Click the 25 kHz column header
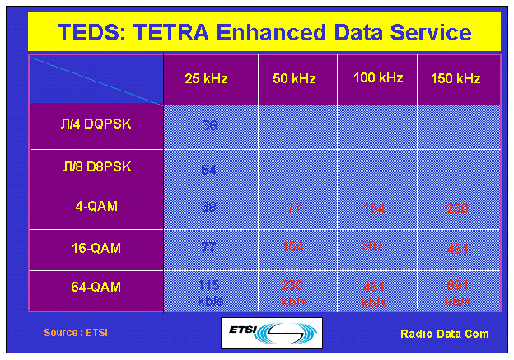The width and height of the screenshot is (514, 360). [x=206, y=79]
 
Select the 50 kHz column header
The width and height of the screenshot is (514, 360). [x=292, y=79]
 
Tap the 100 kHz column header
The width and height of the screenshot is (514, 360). [x=378, y=78]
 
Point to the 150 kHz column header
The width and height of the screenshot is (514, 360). [x=456, y=79]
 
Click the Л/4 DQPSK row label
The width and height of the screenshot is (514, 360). [x=96, y=124]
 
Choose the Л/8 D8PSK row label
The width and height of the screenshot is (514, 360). [x=96, y=166]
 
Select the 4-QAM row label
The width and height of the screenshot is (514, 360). [x=96, y=206]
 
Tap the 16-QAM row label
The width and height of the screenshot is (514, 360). [x=96, y=246]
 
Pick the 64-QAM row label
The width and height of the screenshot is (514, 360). [x=96, y=287]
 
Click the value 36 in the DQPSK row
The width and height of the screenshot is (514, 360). [x=209, y=126]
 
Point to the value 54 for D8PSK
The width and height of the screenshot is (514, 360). [x=209, y=170]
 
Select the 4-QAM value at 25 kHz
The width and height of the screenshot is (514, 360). [x=209, y=208]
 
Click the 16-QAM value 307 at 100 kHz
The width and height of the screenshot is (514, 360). [x=374, y=245]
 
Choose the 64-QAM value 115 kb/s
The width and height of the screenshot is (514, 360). [x=209, y=292]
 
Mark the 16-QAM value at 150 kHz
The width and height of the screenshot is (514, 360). [x=457, y=248]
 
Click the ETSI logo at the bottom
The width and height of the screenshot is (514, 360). [x=272, y=333]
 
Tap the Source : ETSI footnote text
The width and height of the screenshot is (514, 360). [x=76, y=333]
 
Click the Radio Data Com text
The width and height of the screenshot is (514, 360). [x=444, y=334]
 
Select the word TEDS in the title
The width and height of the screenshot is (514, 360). [x=90, y=33]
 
